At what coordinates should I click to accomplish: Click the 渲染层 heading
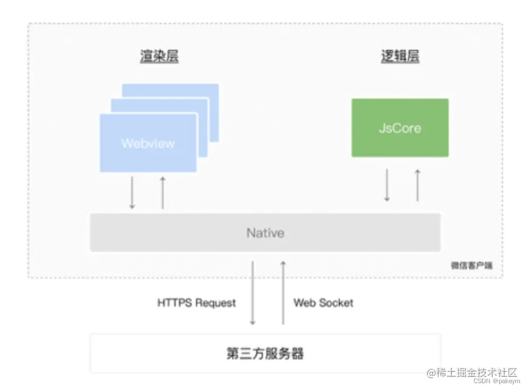159,57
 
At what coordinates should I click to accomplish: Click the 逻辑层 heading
400,57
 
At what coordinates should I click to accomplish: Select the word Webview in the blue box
148,143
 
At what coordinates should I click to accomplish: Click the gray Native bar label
265,233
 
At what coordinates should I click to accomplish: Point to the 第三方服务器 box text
265,354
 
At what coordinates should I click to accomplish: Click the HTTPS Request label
197,303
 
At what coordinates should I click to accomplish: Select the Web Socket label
323,303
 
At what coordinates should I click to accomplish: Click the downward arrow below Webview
132,193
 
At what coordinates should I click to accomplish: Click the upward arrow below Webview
163,193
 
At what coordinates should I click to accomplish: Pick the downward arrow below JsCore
387,185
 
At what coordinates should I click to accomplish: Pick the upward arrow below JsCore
417,185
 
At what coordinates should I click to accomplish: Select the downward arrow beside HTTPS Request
253,292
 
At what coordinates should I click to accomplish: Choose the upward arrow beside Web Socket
283,292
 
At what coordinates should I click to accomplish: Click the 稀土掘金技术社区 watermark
473,372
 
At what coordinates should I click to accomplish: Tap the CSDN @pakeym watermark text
494,382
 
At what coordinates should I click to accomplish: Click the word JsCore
400,128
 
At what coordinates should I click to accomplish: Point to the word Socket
336,303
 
